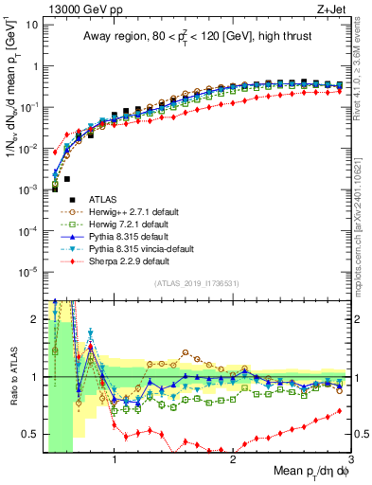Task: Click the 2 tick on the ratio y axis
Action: coord(35,319)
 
